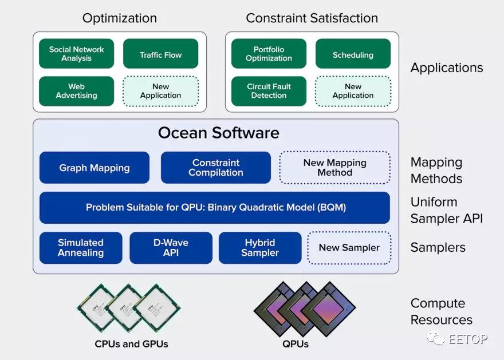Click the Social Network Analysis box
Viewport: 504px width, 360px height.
pos(77,54)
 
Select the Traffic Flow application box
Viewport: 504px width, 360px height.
pos(161,54)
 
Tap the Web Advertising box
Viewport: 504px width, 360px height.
pos(77,91)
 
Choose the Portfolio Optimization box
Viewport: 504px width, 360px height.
pos(269,54)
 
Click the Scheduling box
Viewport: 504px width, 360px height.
pos(353,54)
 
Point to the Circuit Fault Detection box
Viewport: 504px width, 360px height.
pos(269,91)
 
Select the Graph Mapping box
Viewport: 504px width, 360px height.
pos(94,168)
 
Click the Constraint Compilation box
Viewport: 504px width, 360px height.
pos(216,168)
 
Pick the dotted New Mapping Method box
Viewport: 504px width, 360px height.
pos(335,168)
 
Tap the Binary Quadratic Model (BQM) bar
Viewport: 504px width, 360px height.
pos(215,207)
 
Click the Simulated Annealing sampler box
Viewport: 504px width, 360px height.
pos(81,248)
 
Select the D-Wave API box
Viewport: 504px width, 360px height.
pos(171,248)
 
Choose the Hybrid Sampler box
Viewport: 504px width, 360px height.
pos(260,248)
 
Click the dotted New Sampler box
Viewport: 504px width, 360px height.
pos(349,248)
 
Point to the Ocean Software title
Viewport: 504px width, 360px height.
pos(219,133)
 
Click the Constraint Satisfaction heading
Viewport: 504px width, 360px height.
pos(312,18)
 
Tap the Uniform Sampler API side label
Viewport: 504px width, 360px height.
pos(447,211)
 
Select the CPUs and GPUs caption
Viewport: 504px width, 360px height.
pos(132,344)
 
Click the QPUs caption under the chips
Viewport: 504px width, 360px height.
pos(296,344)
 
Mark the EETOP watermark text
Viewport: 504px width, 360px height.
pos(468,339)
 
